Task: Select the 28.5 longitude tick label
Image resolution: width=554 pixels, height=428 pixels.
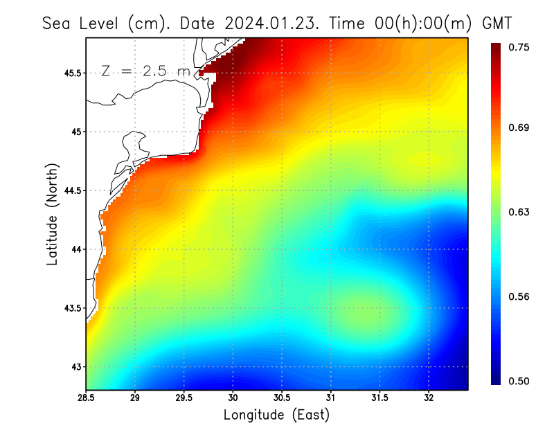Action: [x=87, y=398]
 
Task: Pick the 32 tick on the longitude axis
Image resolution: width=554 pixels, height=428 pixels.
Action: [x=429, y=398]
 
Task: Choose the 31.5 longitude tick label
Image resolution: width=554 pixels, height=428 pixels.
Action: [x=380, y=398]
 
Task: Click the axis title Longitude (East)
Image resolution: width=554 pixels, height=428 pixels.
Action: [x=276, y=415]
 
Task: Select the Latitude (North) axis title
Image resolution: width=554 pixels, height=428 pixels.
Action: [x=52, y=214]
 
